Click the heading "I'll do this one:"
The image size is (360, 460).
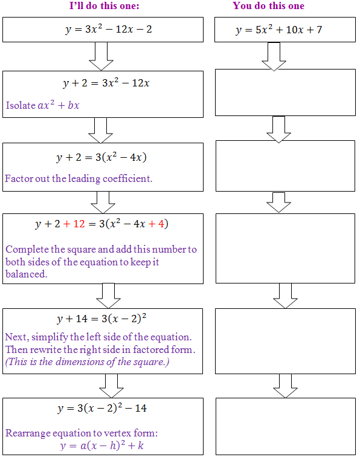click(104, 5)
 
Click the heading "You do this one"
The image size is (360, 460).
click(269, 5)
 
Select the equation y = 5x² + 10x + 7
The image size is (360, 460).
click(279, 30)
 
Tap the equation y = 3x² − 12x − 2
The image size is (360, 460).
click(109, 30)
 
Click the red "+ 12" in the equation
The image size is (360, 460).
click(74, 224)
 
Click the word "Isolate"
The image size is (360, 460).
click(21, 105)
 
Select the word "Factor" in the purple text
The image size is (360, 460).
click(19, 178)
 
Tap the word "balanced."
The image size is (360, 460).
click(27, 274)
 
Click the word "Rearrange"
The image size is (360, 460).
click(28, 433)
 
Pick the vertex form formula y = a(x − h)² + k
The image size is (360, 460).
click(101, 445)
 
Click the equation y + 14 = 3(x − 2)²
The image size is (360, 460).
click(101, 319)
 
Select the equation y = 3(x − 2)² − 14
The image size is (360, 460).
click(102, 408)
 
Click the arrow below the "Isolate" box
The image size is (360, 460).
click(100, 131)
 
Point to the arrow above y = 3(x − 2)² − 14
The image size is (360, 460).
click(111, 386)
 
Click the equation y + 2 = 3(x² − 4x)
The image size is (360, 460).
click(101, 158)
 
